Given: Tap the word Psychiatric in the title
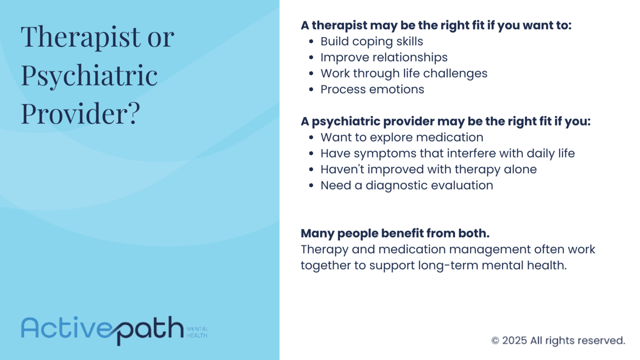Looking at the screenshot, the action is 89,75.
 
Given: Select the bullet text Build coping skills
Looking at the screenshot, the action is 372,42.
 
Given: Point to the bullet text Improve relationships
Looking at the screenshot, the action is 384,57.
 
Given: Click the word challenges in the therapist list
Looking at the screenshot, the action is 455,73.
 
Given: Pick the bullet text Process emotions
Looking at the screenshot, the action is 372,89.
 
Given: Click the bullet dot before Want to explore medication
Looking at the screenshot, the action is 312,138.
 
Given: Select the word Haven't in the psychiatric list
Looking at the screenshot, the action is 342,169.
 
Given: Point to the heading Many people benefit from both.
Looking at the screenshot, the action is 395,233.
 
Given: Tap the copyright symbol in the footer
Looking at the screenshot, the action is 495,341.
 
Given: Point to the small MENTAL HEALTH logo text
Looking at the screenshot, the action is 197,332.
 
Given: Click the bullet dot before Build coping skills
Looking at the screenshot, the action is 312,42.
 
